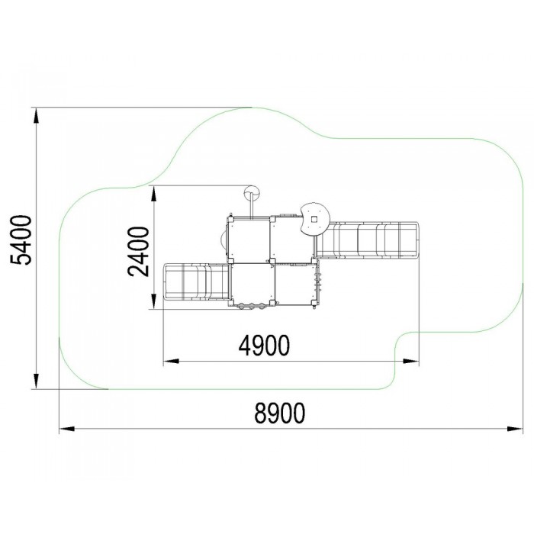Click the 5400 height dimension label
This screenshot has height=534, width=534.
21,240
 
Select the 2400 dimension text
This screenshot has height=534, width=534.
139,252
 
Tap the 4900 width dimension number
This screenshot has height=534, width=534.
264,346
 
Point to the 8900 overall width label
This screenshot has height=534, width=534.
280,413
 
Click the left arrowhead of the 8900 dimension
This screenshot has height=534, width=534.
67,429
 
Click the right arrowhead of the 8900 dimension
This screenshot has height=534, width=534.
515,429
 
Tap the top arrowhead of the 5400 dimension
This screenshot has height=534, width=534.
36,115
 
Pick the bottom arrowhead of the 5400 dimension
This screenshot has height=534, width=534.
36,381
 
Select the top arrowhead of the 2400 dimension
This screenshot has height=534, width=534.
154,194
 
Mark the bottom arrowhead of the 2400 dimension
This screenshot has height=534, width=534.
154,302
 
